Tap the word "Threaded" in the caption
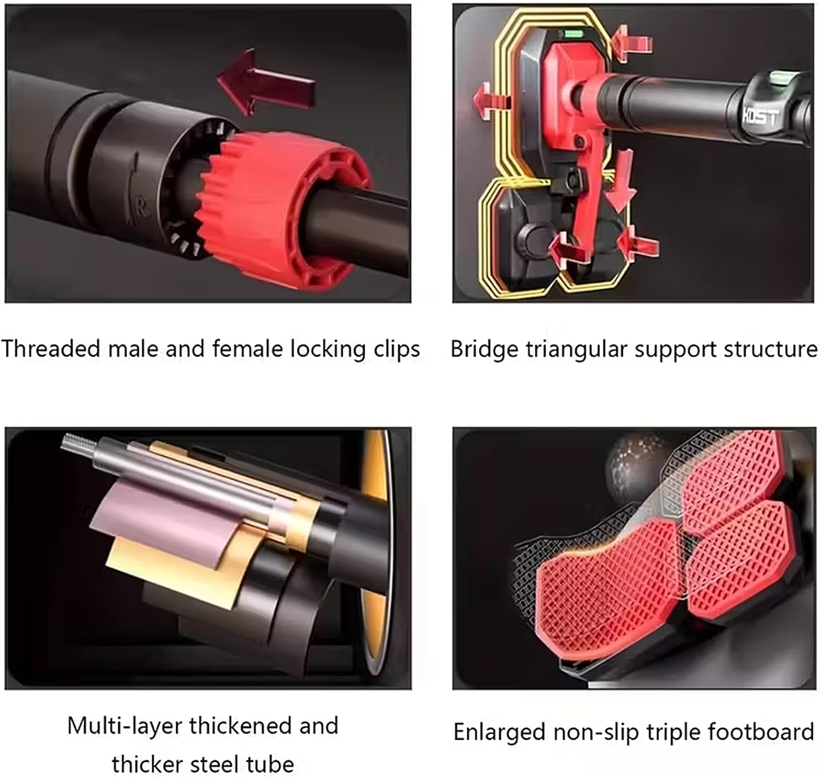click(x=50, y=348)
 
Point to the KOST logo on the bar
click(x=760, y=117)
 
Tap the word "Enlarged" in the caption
click(x=500, y=733)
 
